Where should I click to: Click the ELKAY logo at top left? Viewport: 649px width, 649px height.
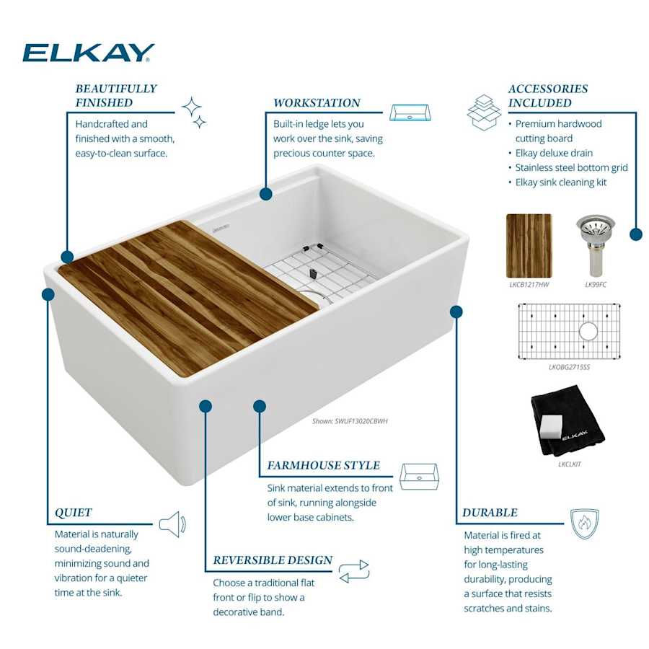(x=88, y=53)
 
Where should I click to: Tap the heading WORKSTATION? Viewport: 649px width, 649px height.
(x=317, y=103)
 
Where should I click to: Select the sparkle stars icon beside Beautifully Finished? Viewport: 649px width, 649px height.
(x=193, y=112)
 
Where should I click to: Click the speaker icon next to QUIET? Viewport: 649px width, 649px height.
(x=172, y=524)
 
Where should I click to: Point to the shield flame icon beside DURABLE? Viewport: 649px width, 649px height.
(x=584, y=524)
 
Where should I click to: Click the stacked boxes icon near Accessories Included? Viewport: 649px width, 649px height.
(x=483, y=111)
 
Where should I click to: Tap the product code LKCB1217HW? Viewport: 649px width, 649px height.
(x=529, y=286)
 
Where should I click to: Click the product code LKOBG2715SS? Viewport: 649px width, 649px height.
(x=569, y=366)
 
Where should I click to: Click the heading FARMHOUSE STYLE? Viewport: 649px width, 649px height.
(x=324, y=466)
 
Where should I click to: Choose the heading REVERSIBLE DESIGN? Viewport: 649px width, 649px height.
(x=273, y=560)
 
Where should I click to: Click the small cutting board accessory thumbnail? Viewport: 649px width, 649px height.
(x=529, y=245)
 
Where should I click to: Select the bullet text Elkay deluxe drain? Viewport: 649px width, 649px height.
(x=554, y=153)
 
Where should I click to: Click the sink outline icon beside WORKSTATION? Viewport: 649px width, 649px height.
(x=410, y=112)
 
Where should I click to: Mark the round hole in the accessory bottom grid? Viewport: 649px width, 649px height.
(x=588, y=332)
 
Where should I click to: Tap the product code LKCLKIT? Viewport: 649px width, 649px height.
(x=569, y=464)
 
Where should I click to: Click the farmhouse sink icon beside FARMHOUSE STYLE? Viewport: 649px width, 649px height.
(x=419, y=476)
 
